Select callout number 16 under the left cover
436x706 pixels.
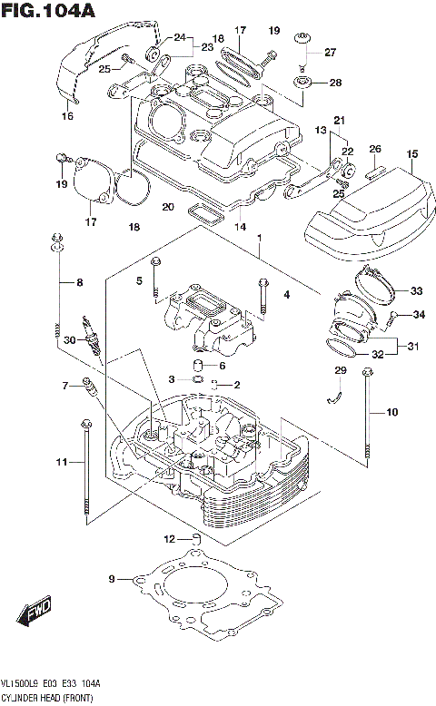coord(67,116)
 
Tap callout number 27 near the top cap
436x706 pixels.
coord(330,52)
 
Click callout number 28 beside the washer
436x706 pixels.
coord(334,83)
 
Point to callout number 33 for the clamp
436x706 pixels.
coord(416,291)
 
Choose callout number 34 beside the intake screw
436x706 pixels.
coord(419,315)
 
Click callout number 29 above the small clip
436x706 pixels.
coord(341,370)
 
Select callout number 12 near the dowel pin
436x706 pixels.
coord(168,538)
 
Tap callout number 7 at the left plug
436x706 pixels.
coord(65,387)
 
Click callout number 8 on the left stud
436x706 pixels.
coord(79,283)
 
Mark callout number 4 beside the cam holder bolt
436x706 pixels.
coord(285,294)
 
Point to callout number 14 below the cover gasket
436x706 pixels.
coord(240,226)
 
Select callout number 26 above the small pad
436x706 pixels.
coord(375,149)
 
